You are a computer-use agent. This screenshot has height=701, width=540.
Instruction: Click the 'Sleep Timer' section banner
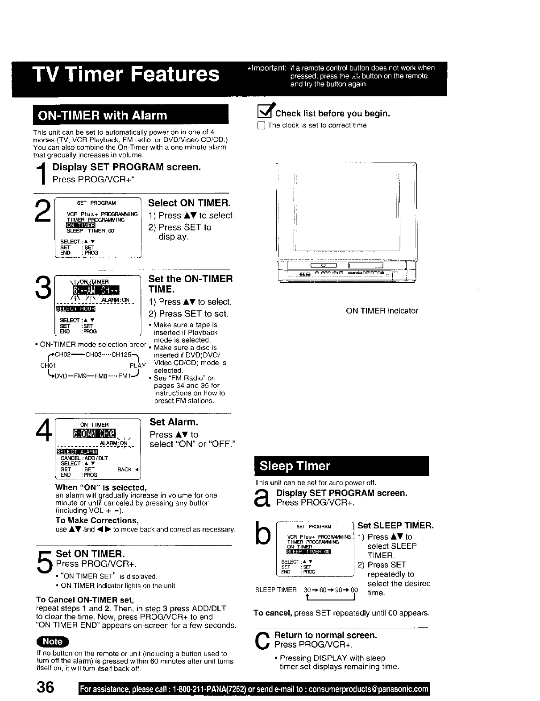click(x=341, y=466)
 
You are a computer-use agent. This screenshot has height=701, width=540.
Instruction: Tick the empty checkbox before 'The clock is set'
click(x=261, y=126)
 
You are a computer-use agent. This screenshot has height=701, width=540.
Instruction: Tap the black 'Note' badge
click(x=53, y=641)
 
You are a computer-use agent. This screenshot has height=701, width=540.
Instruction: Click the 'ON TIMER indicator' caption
click(x=382, y=311)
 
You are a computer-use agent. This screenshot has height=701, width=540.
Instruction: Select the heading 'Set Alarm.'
click(x=174, y=422)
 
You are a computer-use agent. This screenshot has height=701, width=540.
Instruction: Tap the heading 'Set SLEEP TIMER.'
click(x=395, y=526)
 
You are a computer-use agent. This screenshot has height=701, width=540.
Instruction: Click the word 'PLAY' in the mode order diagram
click(x=138, y=366)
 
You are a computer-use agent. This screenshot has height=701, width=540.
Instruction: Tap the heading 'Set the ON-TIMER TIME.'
click(x=190, y=285)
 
